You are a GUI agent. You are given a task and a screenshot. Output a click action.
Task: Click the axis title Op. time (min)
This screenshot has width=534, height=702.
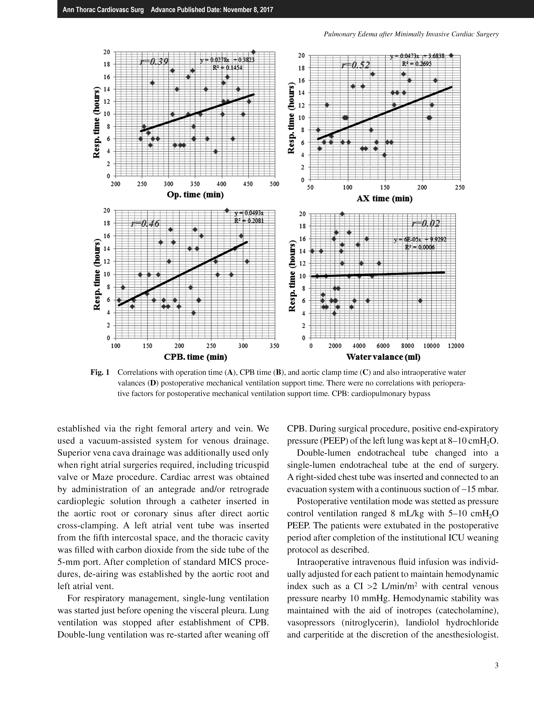195,195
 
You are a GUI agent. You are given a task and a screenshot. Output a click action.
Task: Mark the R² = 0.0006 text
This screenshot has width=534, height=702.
420,247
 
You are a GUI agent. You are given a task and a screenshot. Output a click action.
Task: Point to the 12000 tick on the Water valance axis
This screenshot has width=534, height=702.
456,346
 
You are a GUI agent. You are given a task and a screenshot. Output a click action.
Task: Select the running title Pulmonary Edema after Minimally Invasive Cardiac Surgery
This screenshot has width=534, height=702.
411,34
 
